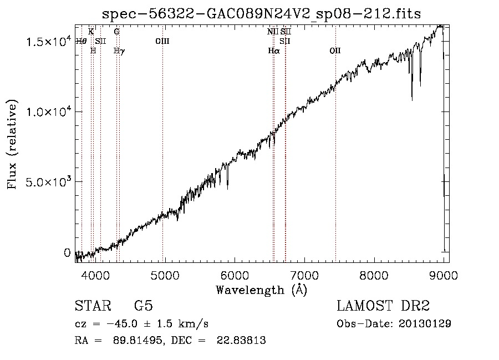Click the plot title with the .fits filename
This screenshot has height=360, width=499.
pyautogui.click(x=261, y=14)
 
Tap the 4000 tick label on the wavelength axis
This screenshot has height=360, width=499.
pyautogui.click(x=95, y=275)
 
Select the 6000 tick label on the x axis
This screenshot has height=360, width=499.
pyautogui.click(x=235, y=275)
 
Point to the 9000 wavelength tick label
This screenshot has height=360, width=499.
pyautogui.click(x=444, y=275)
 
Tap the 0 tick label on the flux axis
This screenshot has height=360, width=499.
pyautogui.click(x=67, y=253)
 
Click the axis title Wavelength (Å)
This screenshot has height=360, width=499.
pyautogui.click(x=262, y=290)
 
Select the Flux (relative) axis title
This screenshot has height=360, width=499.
pyautogui.click(x=12, y=145)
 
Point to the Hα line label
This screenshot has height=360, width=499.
pyautogui.click(x=274, y=50)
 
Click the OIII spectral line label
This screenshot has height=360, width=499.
pyautogui.click(x=162, y=41)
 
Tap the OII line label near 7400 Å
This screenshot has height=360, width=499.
pyautogui.click(x=335, y=50)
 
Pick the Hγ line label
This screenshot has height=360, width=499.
pyautogui.click(x=119, y=51)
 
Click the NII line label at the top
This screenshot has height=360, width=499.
pyautogui.click(x=273, y=32)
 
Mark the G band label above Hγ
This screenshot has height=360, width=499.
pyautogui.click(x=117, y=32)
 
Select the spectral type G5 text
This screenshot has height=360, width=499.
pyautogui.click(x=144, y=306)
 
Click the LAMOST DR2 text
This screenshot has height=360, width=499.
pyautogui.click(x=383, y=306)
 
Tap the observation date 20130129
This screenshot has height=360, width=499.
pyautogui.click(x=425, y=323)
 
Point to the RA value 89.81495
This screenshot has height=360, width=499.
pyautogui.click(x=138, y=340)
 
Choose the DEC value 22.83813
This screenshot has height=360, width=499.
pyautogui.click(x=241, y=340)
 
